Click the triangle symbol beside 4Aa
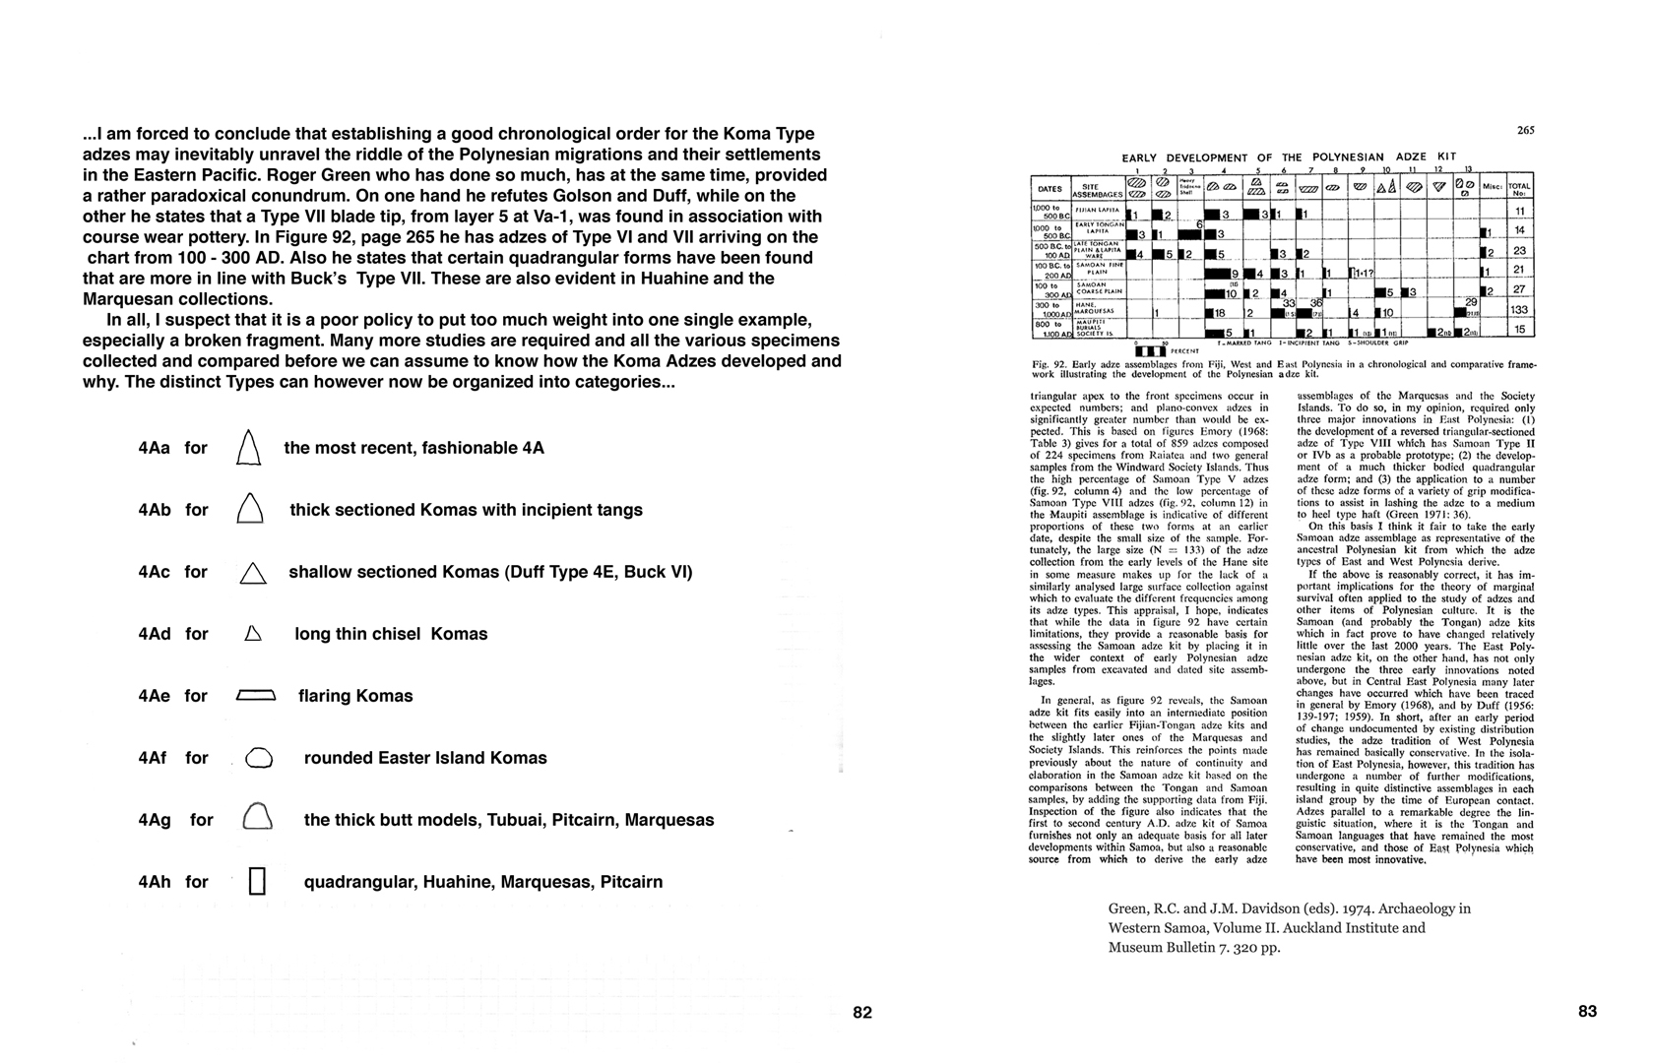pos(249,448)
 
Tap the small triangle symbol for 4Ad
pos(252,635)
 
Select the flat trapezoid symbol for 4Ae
pos(256,696)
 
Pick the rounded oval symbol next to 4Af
pos(257,758)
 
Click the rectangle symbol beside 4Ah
pos(258,881)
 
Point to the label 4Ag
pos(155,820)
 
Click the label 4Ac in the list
pos(155,572)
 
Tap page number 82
pos(862,1012)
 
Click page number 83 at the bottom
pos(1587,1011)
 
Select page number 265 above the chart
pos(1526,130)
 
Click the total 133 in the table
pos(1520,310)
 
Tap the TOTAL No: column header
pos(1520,189)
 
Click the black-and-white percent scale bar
pos(1150,350)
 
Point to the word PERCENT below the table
pos(1185,351)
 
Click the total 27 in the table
pos(1520,290)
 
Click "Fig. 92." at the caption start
pos(1048,364)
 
